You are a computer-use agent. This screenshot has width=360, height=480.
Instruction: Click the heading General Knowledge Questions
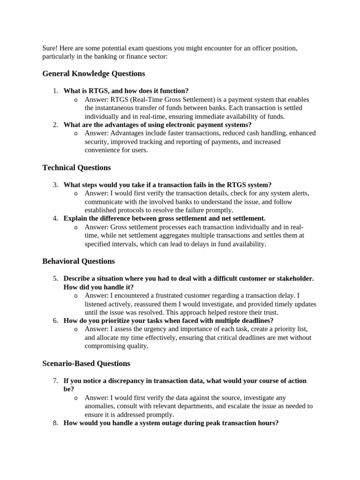click(93, 74)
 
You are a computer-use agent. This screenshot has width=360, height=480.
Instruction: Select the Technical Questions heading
click(76, 167)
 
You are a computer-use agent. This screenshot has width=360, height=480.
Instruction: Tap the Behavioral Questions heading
click(78, 261)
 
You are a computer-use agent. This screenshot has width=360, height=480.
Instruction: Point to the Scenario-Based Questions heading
click(86, 363)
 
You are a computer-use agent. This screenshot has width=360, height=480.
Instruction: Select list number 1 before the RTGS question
click(55, 91)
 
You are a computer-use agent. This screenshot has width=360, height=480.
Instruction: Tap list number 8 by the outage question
click(55, 423)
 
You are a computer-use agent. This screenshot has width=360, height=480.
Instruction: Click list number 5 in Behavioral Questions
click(55, 278)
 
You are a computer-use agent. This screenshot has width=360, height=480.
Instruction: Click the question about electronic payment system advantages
click(157, 125)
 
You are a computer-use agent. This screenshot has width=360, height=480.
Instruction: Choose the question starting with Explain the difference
click(164, 218)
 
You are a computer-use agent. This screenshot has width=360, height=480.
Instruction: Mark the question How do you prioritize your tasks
click(168, 321)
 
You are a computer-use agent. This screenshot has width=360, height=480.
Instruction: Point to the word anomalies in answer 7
click(100, 406)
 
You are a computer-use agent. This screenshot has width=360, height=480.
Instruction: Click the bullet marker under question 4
click(76, 227)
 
